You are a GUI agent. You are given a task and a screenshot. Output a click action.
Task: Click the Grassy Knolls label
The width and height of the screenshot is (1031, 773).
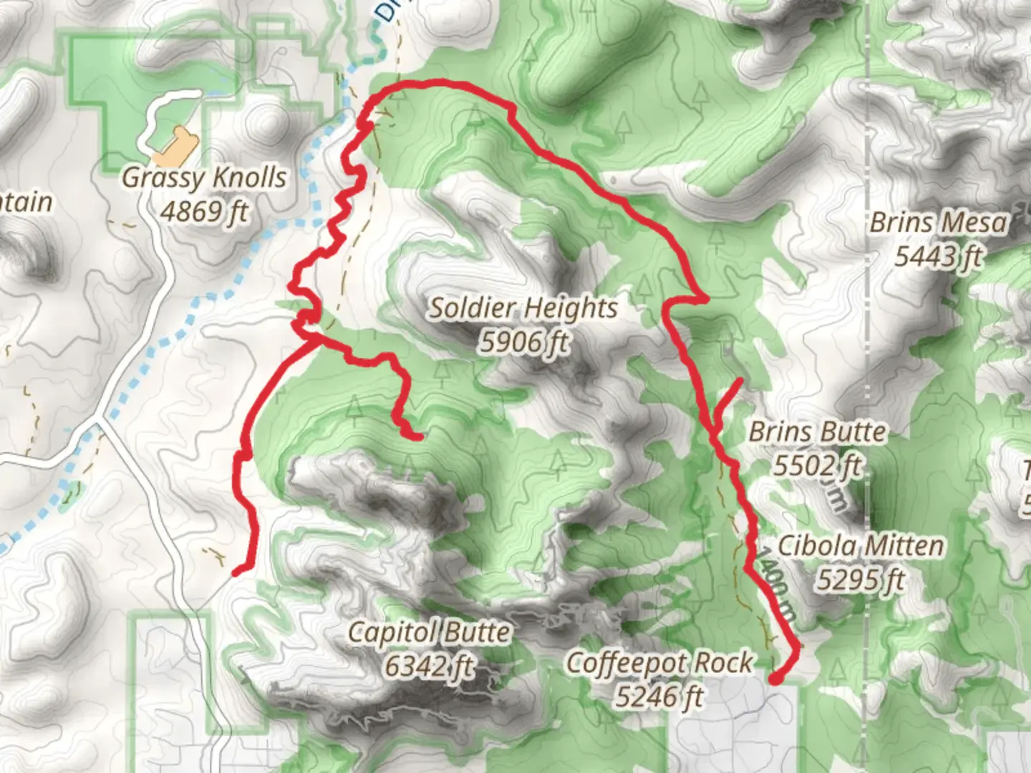click(204, 178)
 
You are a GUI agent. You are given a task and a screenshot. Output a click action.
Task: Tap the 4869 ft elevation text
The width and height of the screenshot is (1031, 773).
click(204, 212)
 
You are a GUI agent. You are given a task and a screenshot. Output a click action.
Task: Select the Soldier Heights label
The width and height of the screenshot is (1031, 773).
click(523, 308)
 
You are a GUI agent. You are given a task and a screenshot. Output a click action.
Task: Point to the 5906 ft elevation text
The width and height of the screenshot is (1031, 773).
click(523, 342)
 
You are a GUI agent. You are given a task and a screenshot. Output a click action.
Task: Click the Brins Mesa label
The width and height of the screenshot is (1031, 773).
click(939, 223)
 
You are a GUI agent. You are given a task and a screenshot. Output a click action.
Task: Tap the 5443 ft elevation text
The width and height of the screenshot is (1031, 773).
click(939, 256)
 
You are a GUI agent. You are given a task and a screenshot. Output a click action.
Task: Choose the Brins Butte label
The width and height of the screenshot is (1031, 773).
click(817, 432)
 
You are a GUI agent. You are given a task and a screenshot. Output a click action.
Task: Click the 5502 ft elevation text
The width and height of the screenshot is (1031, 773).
click(817, 466)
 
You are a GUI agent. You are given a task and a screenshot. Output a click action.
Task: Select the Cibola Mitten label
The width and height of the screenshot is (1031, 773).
click(860, 546)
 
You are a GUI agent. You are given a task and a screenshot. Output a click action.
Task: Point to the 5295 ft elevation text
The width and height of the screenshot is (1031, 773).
click(860, 580)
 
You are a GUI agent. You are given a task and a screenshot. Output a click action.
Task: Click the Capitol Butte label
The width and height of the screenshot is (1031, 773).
click(430, 633)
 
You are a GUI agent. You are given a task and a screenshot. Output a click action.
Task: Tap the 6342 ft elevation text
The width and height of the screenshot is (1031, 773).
click(430, 666)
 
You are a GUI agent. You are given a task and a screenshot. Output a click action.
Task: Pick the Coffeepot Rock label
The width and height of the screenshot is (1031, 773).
click(659, 663)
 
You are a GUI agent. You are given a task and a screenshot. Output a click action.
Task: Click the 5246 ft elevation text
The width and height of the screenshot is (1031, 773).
click(659, 696)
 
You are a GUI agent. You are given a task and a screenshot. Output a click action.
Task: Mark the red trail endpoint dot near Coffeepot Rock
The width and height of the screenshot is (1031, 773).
click(776, 678)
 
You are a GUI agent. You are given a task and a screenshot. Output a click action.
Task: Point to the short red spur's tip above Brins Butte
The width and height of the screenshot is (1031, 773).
click(740, 380)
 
